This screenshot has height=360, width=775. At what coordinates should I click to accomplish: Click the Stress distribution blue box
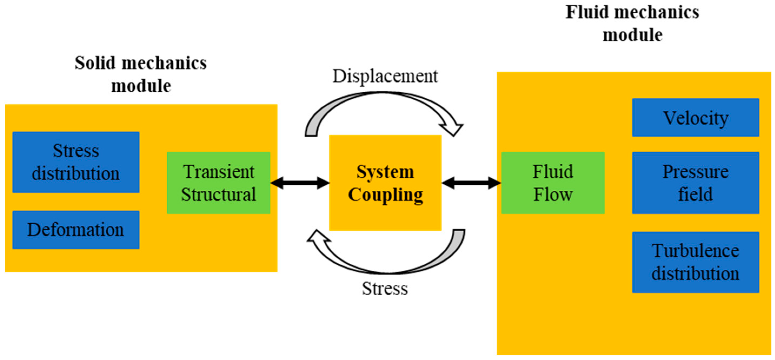tap(76, 162)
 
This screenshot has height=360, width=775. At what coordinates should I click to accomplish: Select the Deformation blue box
tap(76, 230)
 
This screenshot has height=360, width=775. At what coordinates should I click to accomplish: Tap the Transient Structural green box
tap(218, 183)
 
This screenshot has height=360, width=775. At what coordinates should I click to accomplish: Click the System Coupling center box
tap(385, 183)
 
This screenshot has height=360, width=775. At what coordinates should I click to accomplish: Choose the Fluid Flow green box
tap(553, 183)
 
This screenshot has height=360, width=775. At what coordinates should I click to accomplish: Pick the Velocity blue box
tap(695, 117)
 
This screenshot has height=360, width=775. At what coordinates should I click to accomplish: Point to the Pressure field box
tap(695, 183)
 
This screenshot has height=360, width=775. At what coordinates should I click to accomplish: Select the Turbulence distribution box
tap(695, 262)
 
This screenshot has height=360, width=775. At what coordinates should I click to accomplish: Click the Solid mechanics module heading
tap(141, 74)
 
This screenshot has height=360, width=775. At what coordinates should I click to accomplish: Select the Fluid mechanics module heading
tap(632, 24)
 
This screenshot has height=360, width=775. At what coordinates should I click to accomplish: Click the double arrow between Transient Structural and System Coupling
tap(300, 183)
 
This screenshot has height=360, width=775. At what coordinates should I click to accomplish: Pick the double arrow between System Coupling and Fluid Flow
tap(471, 183)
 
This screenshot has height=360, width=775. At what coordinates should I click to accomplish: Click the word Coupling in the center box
tap(385, 194)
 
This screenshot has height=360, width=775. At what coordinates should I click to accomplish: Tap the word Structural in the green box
tap(218, 194)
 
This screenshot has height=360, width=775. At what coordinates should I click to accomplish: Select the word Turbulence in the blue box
tap(695, 251)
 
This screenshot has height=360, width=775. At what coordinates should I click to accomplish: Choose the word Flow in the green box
tap(553, 194)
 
